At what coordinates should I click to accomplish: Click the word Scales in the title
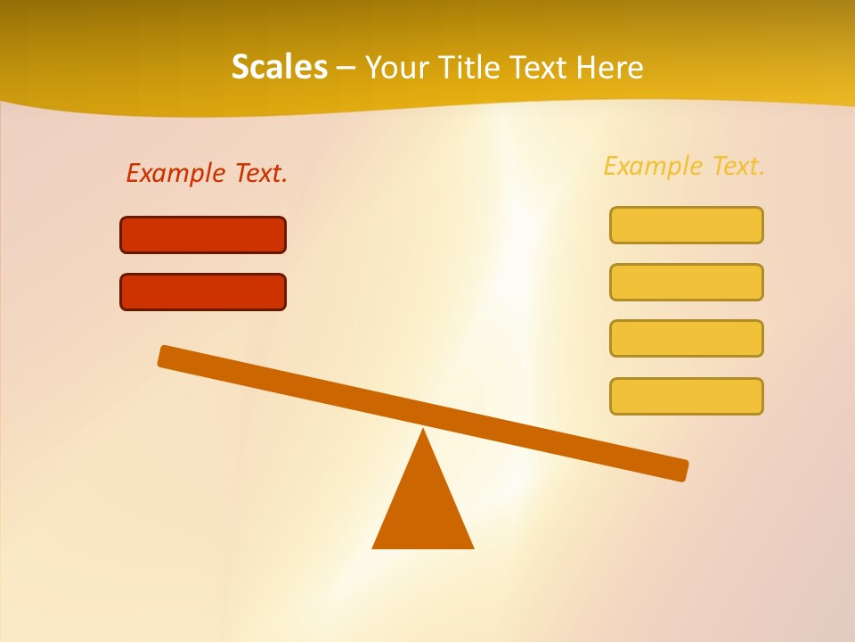pyautogui.click(x=279, y=67)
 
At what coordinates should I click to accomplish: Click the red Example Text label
pyautogui.click(x=207, y=173)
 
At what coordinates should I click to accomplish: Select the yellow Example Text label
pyautogui.click(x=684, y=166)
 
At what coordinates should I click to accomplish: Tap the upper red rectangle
pyautogui.click(x=203, y=235)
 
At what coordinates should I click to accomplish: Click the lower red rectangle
pyautogui.click(x=203, y=292)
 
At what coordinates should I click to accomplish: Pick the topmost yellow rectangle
pyautogui.click(x=686, y=225)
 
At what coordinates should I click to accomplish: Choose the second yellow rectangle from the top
pyautogui.click(x=686, y=282)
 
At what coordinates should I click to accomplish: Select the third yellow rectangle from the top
pyautogui.click(x=686, y=338)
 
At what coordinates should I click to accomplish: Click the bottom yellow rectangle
pyautogui.click(x=686, y=396)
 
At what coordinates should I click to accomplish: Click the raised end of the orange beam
pyautogui.click(x=169, y=357)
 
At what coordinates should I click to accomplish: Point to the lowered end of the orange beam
pyautogui.click(x=677, y=469)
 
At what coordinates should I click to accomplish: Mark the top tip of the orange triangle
pyautogui.click(x=423, y=432)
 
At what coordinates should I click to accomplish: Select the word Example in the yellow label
pyautogui.click(x=654, y=166)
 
